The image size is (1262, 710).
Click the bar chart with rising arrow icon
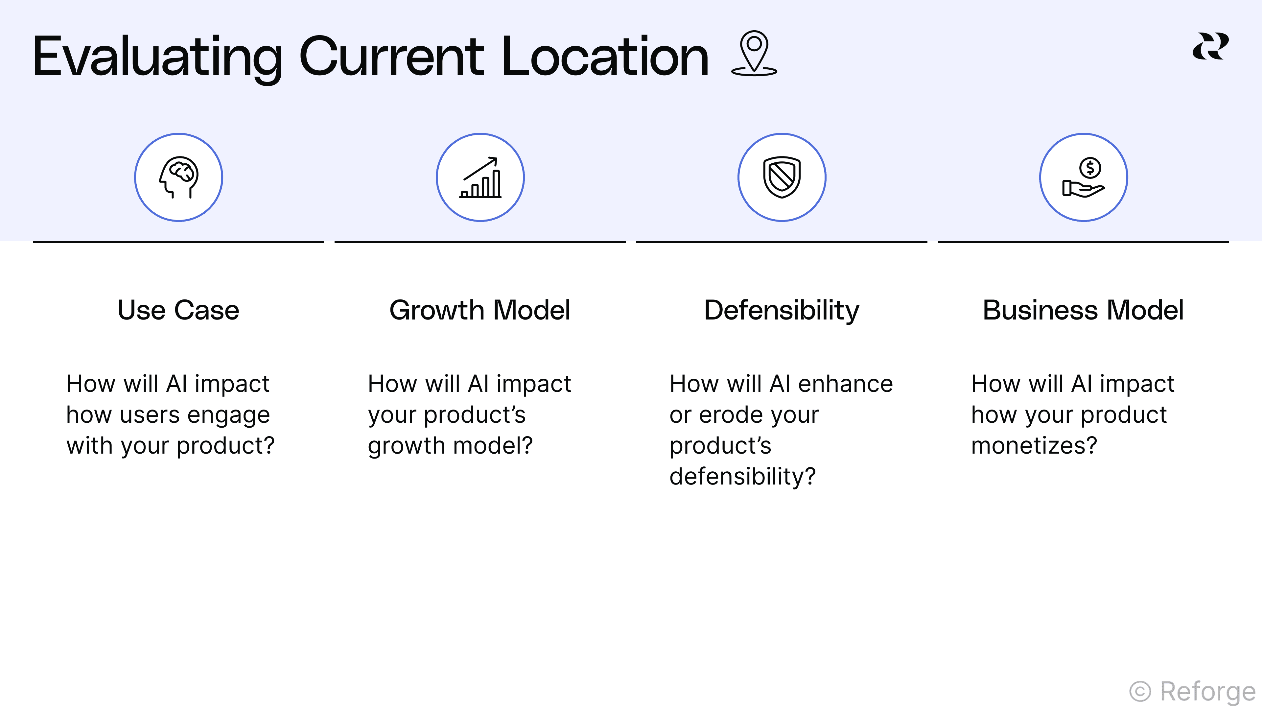tap(480, 177)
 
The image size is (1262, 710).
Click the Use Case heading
tap(178, 310)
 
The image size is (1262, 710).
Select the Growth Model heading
tap(480, 310)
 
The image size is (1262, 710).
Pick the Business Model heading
tap(1084, 310)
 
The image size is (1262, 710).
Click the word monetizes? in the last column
tap(1034, 445)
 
